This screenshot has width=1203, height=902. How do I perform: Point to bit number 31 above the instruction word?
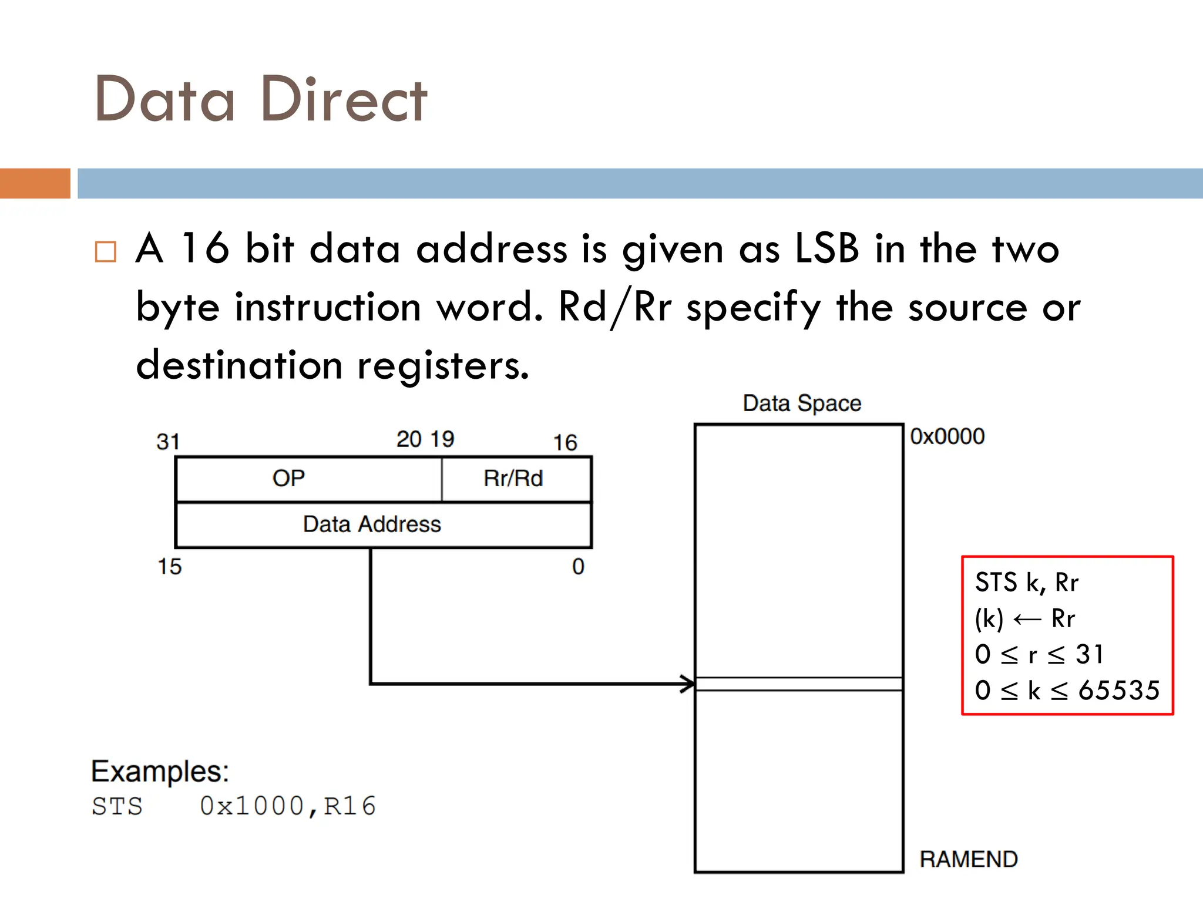coord(168,442)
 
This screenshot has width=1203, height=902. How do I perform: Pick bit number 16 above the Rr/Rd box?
coord(565,442)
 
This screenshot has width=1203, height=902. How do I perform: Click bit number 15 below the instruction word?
coord(169,567)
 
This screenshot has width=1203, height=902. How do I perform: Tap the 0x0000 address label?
coord(947,436)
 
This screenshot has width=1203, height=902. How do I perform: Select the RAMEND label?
coord(969,859)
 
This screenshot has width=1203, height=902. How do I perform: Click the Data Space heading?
coord(802,403)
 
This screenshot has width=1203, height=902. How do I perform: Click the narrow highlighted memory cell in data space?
coord(798,684)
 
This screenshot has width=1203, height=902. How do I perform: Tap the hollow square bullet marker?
coord(106,252)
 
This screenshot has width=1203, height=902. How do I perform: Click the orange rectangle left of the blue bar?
coord(35,183)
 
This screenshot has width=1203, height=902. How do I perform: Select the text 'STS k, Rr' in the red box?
coord(1026,583)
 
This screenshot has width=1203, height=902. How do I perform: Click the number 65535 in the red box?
coord(1119,690)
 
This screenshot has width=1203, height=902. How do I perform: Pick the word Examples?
coord(160,771)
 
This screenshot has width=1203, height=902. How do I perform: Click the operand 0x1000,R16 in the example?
coord(287,806)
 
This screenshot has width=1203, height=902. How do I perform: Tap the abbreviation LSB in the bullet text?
coord(826,248)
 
